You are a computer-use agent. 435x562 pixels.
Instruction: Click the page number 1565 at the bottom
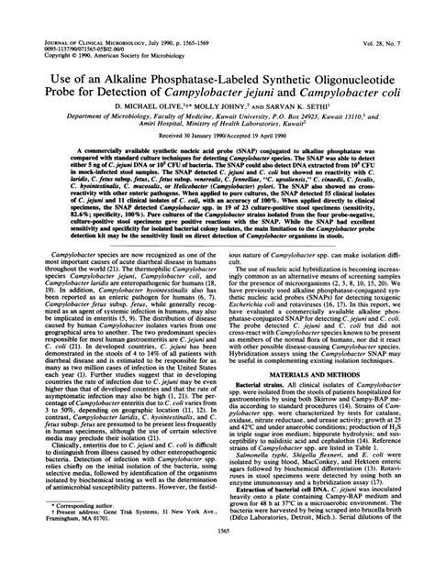(217, 549)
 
